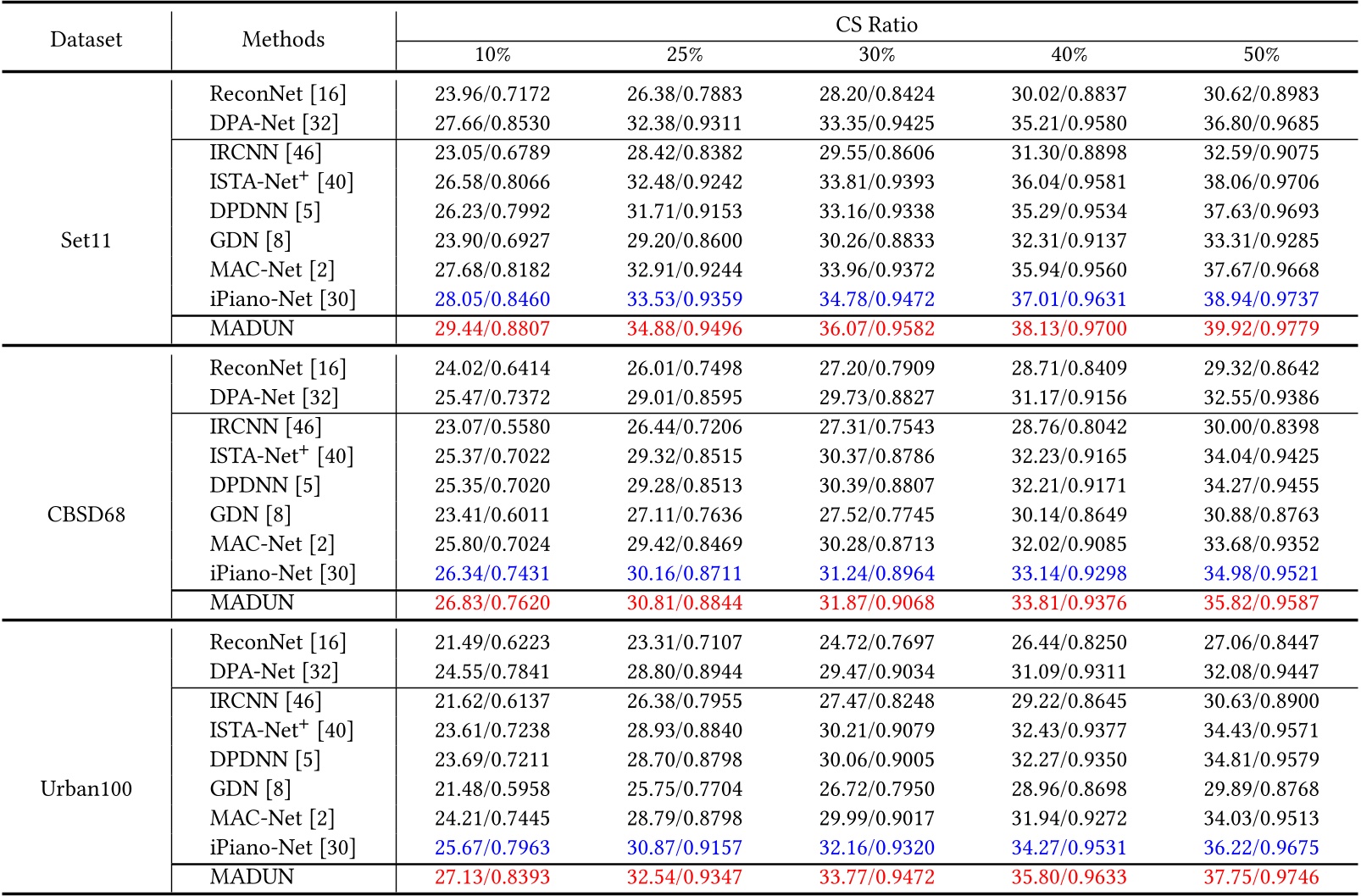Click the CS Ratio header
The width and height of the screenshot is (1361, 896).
tap(876, 25)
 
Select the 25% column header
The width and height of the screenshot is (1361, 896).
tap(684, 55)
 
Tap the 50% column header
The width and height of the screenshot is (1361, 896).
tap(1261, 55)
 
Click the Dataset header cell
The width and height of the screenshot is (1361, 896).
tap(86, 39)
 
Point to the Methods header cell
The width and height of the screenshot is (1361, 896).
tap(283, 39)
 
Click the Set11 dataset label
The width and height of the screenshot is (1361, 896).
tap(86, 241)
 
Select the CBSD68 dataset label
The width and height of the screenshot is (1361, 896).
tap(86, 515)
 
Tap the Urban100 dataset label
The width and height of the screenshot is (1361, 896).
tap(86, 789)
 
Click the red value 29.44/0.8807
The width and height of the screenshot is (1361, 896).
tap(492, 329)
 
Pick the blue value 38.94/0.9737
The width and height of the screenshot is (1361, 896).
tap(1261, 299)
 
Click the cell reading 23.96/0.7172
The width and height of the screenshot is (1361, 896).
tap(492, 94)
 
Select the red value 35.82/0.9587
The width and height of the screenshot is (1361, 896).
tap(1261, 603)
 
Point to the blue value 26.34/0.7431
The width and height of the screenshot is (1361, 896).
tap(492, 574)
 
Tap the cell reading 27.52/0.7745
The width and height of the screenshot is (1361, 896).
tap(876, 515)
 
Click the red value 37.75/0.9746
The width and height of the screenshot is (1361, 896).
tap(1261, 877)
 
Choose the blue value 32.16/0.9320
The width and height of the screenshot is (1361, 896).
tap(876, 848)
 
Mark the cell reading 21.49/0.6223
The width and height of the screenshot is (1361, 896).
tap(492, 643)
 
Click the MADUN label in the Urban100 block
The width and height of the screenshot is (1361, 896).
tap(252, 877)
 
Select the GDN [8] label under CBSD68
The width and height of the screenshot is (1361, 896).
tap(250, 515)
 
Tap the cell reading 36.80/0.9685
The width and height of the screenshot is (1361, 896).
tap(1261, 124)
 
